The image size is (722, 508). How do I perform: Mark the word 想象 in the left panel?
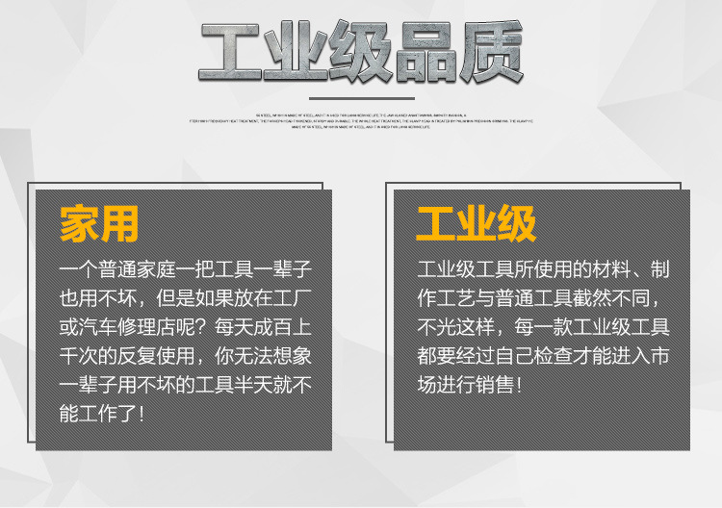tap(293, 357)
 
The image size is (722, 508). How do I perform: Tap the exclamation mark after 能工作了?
tap(142, 416)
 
